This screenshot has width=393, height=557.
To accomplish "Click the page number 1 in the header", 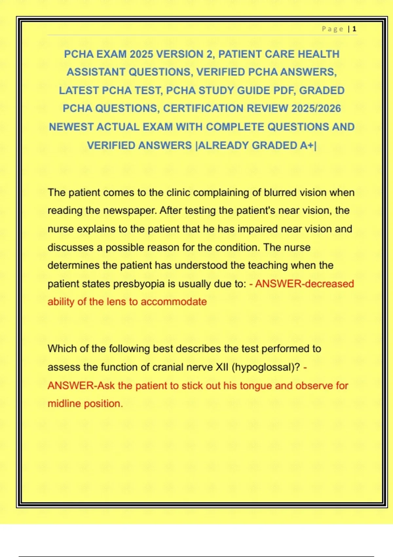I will pos(354,29).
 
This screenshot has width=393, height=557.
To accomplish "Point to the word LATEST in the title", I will pos(79,90).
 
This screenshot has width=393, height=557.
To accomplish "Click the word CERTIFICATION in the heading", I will pos(203,108).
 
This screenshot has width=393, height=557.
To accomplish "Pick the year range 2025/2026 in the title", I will pos(316,108).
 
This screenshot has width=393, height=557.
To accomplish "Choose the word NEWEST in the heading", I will pos(71,127).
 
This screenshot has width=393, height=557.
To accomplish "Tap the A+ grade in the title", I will pos(307,145).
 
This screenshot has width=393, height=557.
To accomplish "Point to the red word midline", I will pos(64,404).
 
